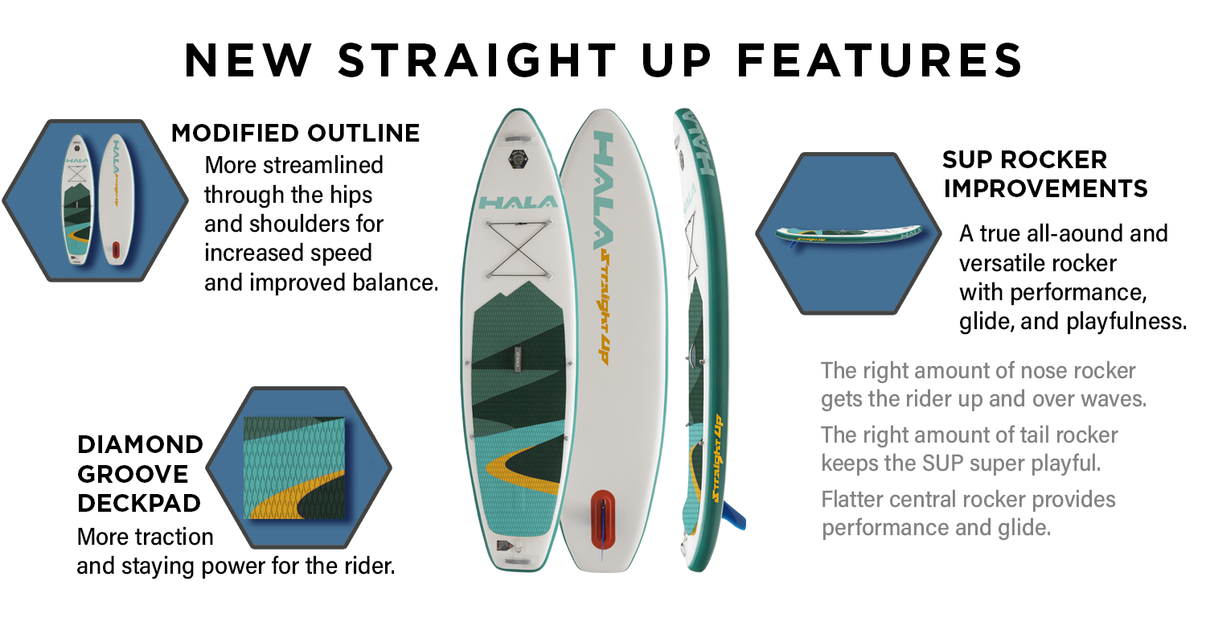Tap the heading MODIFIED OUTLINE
(296, 133)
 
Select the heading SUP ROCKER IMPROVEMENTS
(1045, 174)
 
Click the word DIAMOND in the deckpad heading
(140, 445)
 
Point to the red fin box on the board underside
(603, 520)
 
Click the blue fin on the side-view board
(734, 516)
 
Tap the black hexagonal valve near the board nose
(518, 159)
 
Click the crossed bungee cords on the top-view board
(518, 249)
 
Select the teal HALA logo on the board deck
(518, 203)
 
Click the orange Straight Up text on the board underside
(605, 307)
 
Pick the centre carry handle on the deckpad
(518, 360)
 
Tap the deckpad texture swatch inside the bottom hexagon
(294, 468)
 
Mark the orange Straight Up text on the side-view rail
(717, 458)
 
